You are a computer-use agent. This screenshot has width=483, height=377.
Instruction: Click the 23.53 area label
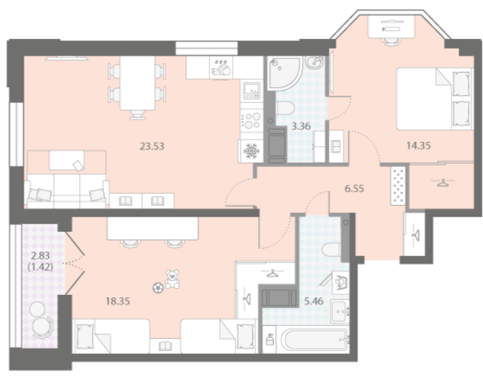152,146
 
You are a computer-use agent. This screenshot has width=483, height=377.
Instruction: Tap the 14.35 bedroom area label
418,145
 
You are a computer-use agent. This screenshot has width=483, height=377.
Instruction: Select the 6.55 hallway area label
354,188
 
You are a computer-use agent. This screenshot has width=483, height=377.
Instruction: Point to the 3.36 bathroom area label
301,126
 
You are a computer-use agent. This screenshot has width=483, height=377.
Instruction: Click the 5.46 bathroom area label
313,301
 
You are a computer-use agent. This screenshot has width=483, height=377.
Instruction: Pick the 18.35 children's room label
118,301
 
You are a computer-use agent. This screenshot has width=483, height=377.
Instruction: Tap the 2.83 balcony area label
40,255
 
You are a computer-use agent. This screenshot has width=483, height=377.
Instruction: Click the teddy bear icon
172,279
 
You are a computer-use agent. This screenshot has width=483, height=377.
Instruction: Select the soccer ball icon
158,288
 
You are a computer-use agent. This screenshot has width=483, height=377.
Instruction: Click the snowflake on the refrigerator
252,151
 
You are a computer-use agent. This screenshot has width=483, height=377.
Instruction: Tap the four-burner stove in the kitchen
252,121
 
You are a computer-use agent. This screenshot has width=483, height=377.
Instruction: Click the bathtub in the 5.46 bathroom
315,340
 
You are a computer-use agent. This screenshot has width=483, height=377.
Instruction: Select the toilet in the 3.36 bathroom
285,108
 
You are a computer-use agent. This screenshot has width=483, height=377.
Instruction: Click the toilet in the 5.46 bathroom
331,250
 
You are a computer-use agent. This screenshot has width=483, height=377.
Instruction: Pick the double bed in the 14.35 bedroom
435,99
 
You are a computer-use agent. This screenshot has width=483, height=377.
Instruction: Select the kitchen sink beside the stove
252,90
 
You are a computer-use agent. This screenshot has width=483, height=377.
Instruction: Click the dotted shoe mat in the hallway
398,186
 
